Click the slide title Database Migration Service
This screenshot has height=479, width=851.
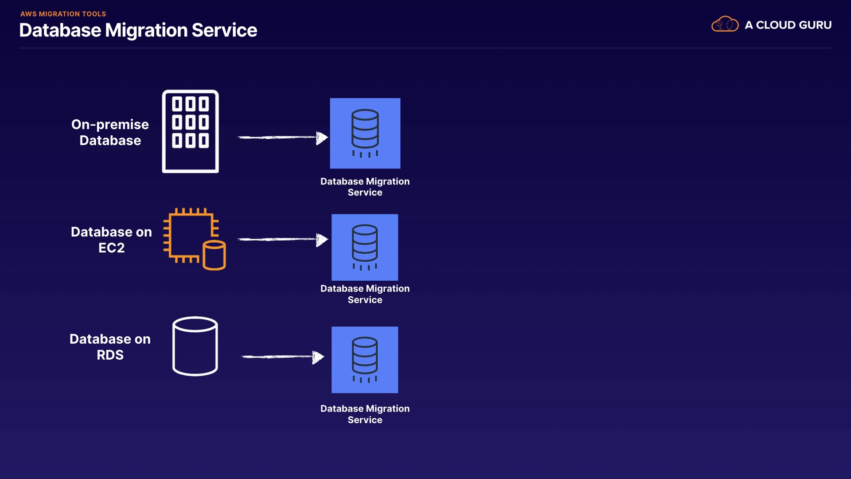pos(138,30)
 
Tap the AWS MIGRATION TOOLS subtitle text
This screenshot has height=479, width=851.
pos(63,14)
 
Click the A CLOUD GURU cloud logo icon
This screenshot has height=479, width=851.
pos(725,24)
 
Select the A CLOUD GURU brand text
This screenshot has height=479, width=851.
pos(788,25)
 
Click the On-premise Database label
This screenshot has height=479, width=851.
pos(110,132)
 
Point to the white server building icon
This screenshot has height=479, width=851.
pos(190,131)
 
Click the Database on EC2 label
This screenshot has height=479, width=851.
pos(111,239)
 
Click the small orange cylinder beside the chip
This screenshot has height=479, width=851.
pos(215,255)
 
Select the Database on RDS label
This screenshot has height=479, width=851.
pos(110,347)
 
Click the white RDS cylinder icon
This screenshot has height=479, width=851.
pos(195,346)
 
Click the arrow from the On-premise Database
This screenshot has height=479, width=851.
pos(282,137)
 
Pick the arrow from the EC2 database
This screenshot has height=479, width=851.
pos(282,239)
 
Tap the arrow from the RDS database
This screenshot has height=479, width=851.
pos(282,357)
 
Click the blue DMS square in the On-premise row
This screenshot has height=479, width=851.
pos(365,133)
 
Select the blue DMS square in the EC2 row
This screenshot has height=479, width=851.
pos(365,247)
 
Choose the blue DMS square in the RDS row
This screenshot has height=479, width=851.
pos(365,360)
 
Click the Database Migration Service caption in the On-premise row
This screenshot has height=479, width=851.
pos(365,187)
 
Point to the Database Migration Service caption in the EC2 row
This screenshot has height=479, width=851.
pos(365,294)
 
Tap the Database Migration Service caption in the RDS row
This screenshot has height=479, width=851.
pos(365,414)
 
